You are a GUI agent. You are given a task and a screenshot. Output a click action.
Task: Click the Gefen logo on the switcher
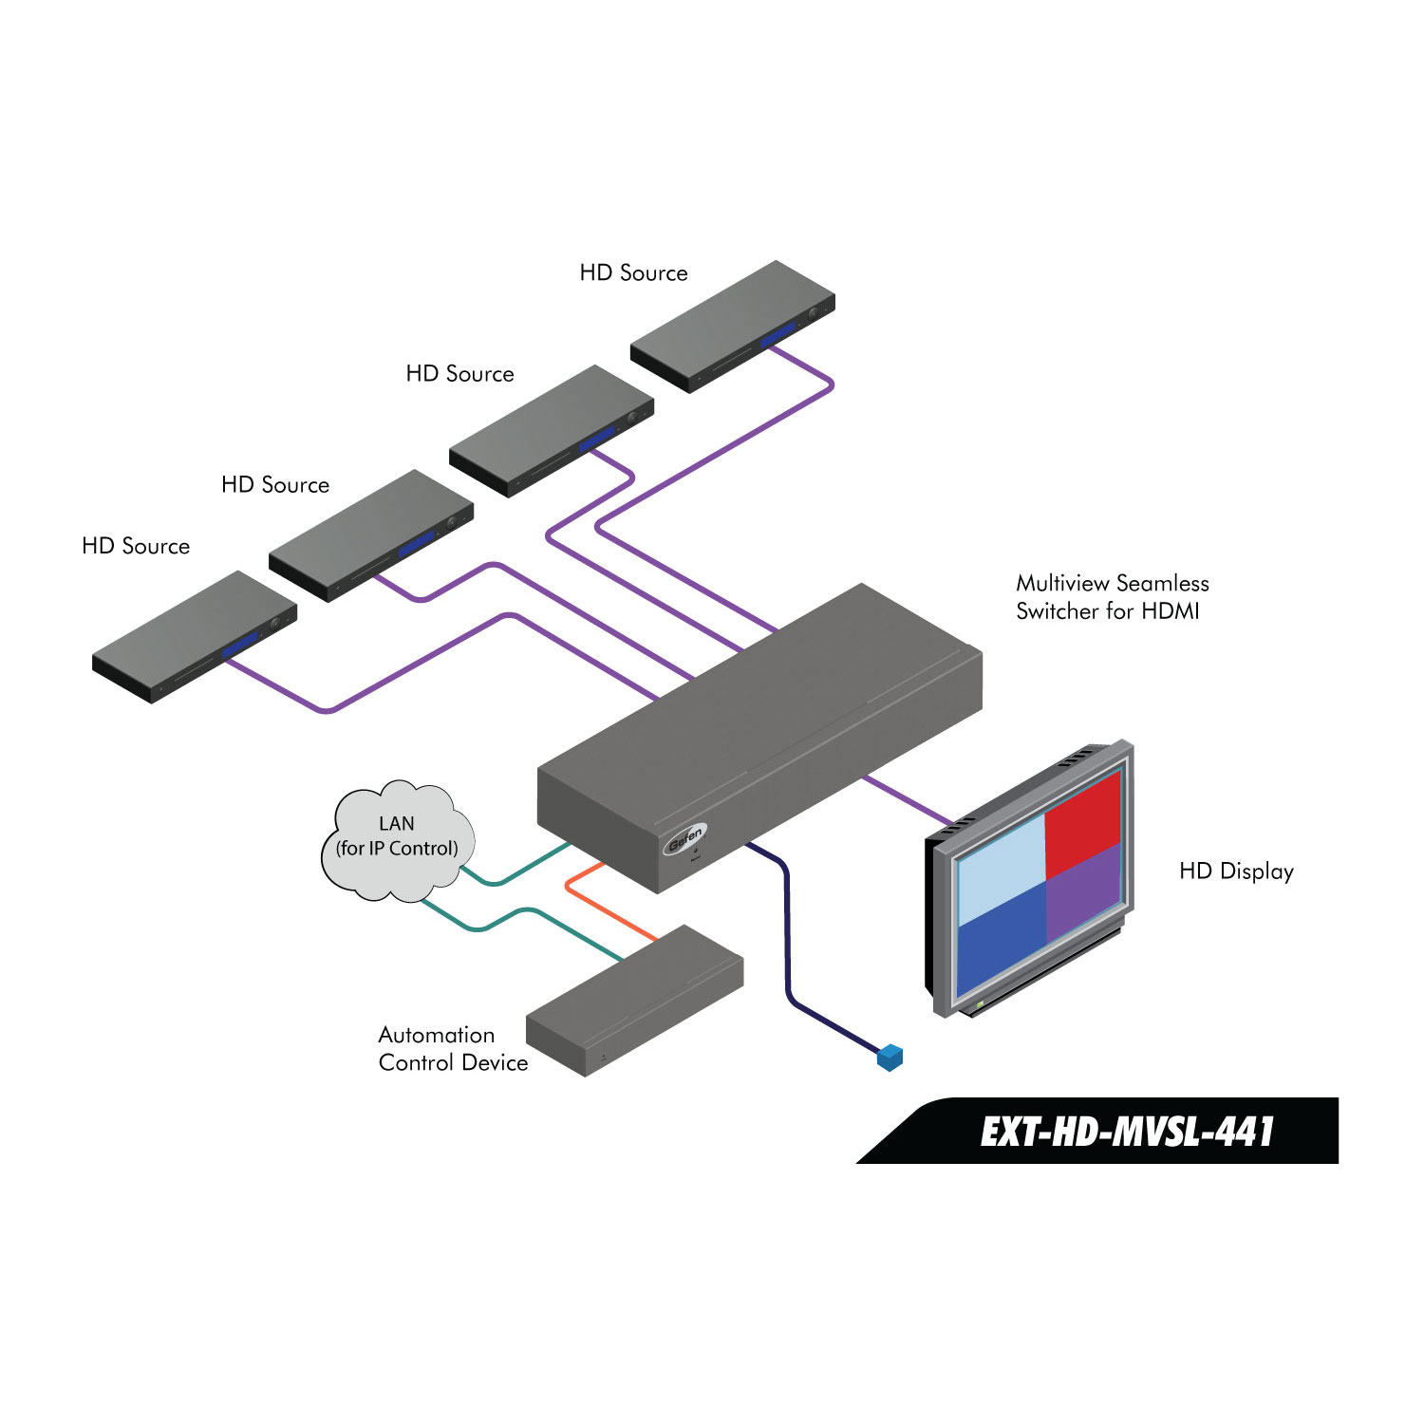coord(684,840)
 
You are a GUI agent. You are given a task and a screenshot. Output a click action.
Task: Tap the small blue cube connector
coord(890,1058)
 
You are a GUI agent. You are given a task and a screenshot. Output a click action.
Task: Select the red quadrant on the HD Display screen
coord(1083,824)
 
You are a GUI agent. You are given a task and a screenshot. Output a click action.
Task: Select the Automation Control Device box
coord(634,1001)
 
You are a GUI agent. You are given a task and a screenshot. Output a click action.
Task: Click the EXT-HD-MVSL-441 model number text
coord(1126,1132)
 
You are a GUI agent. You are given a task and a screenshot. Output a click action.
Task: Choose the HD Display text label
coord(1236,871)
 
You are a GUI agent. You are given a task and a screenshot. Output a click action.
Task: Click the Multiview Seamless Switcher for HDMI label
coord(1112,597)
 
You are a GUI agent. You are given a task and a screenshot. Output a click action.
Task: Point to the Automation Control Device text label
coord(453,1049)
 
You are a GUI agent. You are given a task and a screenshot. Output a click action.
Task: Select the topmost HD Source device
coord(732,324)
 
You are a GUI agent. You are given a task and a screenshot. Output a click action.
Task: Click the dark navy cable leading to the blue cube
coord(787,940)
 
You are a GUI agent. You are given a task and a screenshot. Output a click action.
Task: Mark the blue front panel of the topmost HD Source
coord(778,335)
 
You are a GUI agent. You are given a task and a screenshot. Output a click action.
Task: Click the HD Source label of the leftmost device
coord(136,546)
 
